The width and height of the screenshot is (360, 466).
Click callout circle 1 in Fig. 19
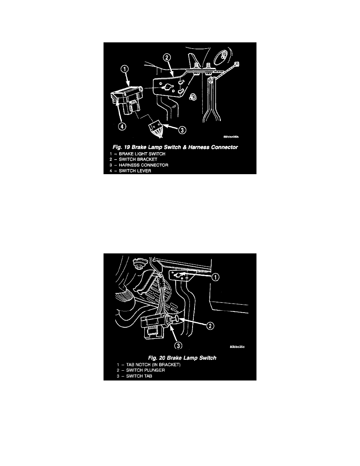[x=125, y=69]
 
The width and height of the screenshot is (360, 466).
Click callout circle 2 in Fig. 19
[x=167, y=57]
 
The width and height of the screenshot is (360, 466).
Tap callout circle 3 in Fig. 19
[x=182, y=130]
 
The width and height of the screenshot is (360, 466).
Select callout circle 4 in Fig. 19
[x=122, y=126]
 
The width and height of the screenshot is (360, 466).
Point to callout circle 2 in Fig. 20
[x=210, y=326]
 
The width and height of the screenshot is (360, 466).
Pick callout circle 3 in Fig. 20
[x=178, y=345]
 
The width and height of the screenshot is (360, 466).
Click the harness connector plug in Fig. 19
[x=156, y=128]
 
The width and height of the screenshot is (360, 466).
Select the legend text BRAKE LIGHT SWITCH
[x=142, y=154]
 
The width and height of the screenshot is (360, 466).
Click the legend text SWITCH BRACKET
[x=138, y=159]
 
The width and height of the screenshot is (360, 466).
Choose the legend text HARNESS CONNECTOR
[x=144, y=165]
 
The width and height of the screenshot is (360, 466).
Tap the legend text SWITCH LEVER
[x=135, y=171]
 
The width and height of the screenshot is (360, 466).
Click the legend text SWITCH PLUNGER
[x=145, y=370]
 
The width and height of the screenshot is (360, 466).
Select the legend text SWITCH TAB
[x=139, y=376]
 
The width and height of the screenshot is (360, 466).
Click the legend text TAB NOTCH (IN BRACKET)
[x=153, y=365]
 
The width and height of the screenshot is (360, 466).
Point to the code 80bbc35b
[x=231, y=137]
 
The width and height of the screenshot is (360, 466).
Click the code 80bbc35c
[x=237, y=347]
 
